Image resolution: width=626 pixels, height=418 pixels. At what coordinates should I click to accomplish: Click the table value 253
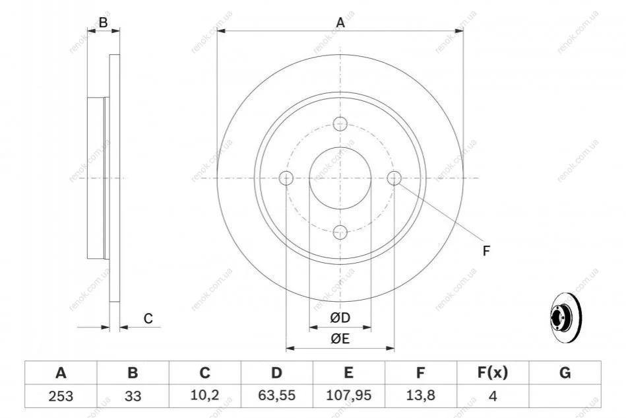coord(61,396)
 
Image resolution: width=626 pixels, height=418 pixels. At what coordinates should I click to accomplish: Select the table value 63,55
coord(276,396)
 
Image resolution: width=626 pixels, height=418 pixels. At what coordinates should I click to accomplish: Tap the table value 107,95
coord(348,396)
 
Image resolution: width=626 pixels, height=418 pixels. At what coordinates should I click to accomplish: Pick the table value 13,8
coord(420,396)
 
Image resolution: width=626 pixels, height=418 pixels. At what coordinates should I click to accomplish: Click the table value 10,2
coord(204,396)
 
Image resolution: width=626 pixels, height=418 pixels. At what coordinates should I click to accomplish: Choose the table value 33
coord(133,396)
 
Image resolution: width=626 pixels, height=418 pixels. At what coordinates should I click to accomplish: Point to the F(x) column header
coord(493,372)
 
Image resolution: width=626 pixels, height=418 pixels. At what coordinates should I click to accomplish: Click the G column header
coord(565,372)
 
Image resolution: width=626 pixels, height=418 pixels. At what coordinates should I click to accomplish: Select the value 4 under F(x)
coord(493,396)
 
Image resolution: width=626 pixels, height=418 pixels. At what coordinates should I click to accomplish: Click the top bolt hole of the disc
coord(340,124)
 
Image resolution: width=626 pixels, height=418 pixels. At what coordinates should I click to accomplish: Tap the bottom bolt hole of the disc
coord(340,232)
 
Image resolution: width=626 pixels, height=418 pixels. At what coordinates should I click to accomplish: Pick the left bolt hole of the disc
coord(286,178)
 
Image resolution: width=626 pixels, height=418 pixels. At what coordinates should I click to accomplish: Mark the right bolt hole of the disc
coord(394,178)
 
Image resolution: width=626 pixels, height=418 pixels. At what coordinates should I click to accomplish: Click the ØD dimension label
coord(340,318)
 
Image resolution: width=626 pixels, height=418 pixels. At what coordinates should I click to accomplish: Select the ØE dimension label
coord(340,339)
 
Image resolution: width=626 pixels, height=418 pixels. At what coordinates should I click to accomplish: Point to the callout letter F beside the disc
coord(486,251)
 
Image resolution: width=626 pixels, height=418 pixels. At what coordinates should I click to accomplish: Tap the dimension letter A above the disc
coord(340,22)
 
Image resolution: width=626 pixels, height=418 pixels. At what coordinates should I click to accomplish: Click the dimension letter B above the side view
coord(104,22)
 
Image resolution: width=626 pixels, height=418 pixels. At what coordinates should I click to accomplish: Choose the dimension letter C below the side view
coord(148,318)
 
